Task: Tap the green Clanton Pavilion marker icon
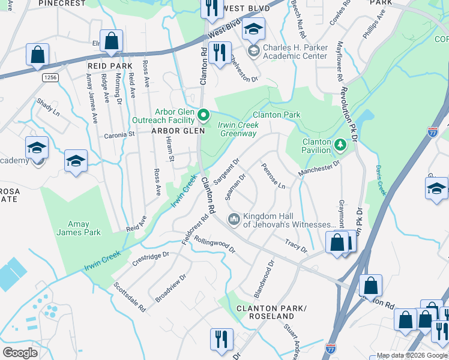click(x=340, y=145)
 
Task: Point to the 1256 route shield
click(x=50, y=77)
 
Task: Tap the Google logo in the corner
click(x=20, y=352)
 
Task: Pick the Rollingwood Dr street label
click(x=214, y=246)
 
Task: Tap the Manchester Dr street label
click(x=319, y=168)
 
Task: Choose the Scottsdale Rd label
click(x=130, y=297)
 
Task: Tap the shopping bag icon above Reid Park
click(x=112, y=41)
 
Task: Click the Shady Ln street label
click(x=49, y=107)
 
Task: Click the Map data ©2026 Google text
click(x=411, y=355)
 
